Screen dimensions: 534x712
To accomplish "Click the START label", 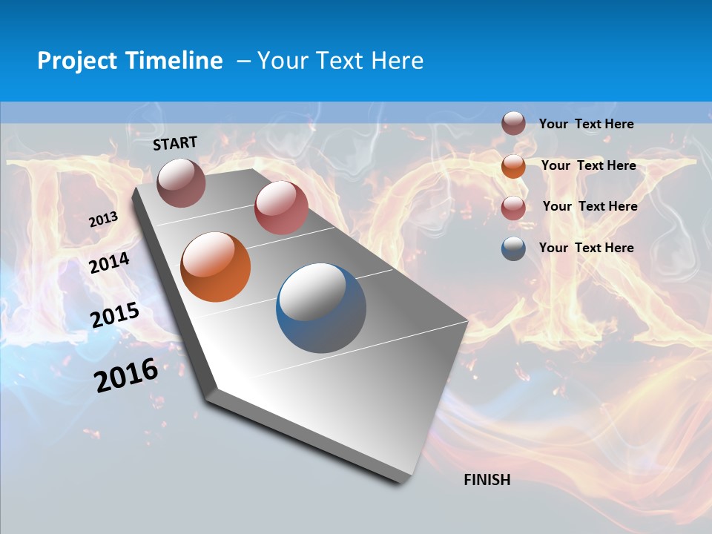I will (175, 143).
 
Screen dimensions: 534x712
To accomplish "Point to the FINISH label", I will (487, 480).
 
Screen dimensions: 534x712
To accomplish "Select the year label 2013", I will (104, 220).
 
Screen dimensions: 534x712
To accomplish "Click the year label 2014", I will (110, 263).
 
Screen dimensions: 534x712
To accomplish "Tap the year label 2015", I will (115, 315).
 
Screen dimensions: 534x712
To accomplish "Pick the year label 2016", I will (126, 375).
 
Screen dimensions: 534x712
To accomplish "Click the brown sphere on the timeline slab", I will (182, 182).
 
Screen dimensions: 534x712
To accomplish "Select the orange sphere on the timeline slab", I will (216, 267).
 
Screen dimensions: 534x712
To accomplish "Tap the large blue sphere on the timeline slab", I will (321, 308).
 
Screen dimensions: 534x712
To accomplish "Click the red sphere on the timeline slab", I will (281, 208).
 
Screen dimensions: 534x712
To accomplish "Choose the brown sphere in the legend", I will (513, 123).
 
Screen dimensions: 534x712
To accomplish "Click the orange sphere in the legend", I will (513, 165).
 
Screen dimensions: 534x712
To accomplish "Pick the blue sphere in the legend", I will (513, 248).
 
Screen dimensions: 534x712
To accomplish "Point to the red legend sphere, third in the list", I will (513, 207).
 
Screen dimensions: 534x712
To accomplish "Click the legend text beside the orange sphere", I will (588, 165).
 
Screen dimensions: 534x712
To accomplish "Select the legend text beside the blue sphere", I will (586, 248).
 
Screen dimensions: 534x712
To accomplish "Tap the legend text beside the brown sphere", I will (586, 124).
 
